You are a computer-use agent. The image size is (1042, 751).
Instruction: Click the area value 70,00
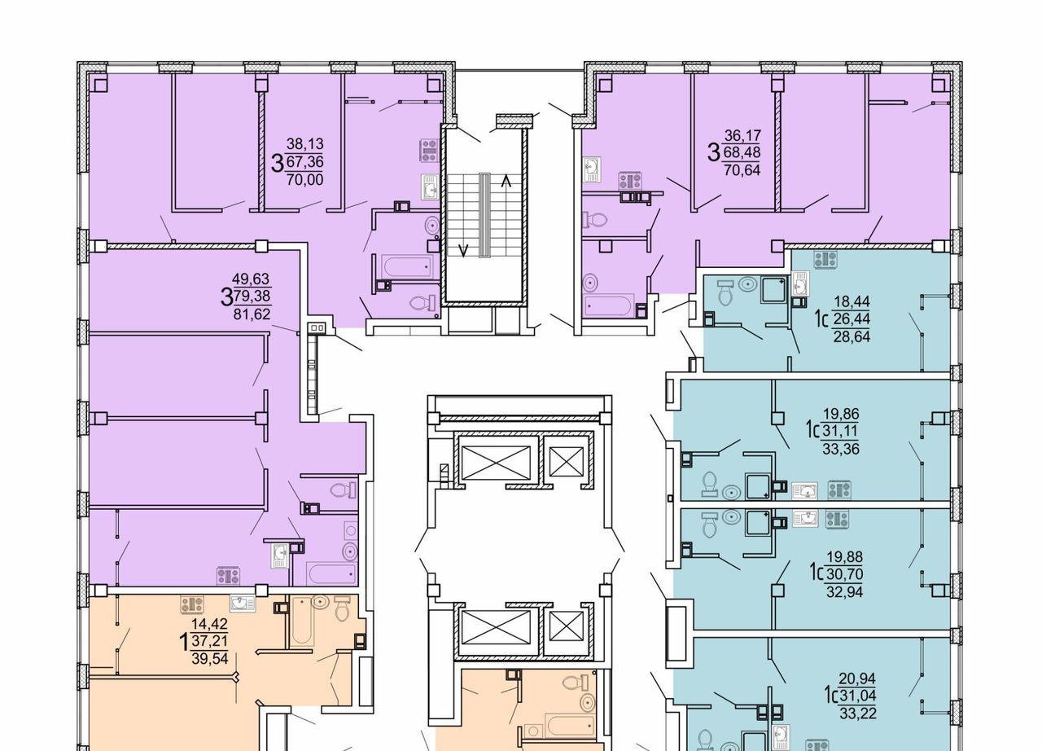tap(304, 180)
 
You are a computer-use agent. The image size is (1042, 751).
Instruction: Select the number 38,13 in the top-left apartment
tap(304, 144)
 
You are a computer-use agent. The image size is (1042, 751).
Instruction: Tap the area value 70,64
tap(742, 170)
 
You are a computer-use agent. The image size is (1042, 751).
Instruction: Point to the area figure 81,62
tap(252, 314)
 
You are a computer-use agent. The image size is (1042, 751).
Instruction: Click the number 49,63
tap(251, 279)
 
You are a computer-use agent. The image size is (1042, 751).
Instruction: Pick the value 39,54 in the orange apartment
tap(210, 658)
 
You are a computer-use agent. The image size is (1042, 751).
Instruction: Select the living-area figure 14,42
tap(209, 623)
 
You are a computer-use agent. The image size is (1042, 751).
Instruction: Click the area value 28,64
tap(852, 336)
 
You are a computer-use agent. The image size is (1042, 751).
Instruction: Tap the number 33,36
tap(841, 449)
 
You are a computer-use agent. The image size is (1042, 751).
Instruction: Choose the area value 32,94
tap(844, 592)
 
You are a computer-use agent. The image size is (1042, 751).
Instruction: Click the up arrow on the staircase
tap(506, 181)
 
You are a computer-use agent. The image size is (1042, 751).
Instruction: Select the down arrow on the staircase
tap(463, 250)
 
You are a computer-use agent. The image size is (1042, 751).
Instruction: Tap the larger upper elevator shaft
tap(495, 462)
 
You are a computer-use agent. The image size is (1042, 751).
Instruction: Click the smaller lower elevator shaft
tap(566, 626)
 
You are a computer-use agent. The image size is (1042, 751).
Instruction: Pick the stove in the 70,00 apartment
tap(429, 151)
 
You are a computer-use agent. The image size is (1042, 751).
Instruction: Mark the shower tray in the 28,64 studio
tap(773, 289)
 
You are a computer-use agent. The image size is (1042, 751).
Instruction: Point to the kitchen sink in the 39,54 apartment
tap(243, 604)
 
